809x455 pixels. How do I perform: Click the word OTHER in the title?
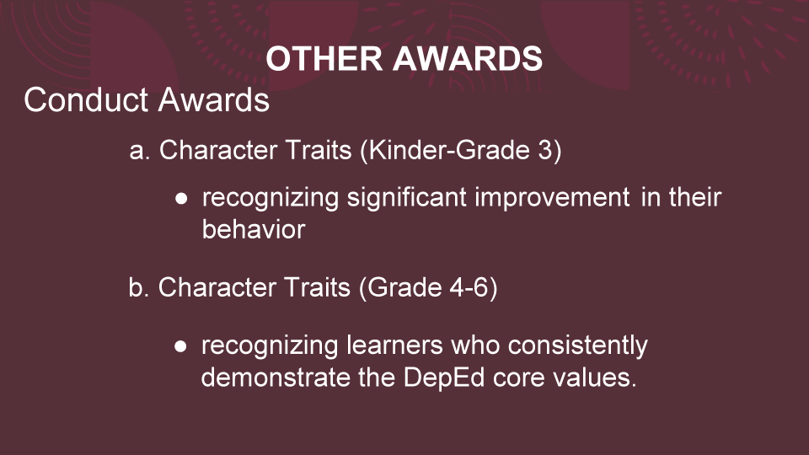click(324, 58)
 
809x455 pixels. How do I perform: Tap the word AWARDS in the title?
click(468, 58)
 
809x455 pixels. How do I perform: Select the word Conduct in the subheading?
click(87, 99)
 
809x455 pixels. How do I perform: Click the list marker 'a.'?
click(140, 151)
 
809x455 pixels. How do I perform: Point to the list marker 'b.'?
click(139, 287)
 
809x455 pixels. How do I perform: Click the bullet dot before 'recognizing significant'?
click(181, 199)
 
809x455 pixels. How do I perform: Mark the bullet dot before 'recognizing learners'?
click(180, 346)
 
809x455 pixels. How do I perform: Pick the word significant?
click(406, 198)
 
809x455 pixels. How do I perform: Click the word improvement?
click(552, 198)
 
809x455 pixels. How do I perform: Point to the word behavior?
click(254, 229)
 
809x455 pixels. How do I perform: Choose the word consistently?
click(577, 346)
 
